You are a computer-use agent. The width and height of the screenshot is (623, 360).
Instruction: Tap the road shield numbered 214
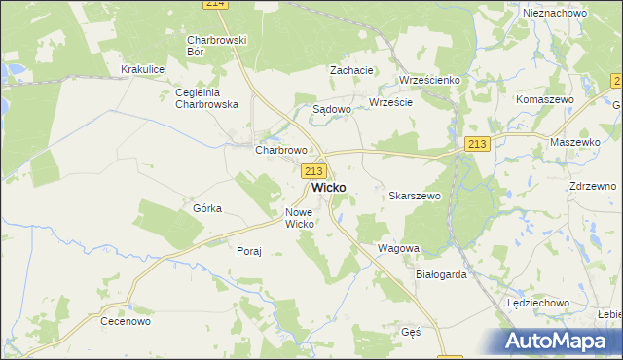(216, 4)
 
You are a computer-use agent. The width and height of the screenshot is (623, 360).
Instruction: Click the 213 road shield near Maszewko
(476, 144)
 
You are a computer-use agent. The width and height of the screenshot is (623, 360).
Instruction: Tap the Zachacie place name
(351, 70)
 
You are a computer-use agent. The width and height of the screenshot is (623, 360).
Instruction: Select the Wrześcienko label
(429, 80)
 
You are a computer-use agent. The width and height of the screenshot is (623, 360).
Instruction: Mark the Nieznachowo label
(554, 13)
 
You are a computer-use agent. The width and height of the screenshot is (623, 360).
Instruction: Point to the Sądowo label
(331, 110)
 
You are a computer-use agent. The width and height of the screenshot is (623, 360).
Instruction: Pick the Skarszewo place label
(416, 196)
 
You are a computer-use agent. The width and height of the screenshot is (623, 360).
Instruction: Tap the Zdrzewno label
(590, 186)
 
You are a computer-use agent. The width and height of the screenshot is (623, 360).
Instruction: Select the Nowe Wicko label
(299, 218)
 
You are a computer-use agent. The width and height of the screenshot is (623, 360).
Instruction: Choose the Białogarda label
(441, 274)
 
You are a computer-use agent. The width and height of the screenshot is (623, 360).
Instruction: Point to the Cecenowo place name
(124, 319)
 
